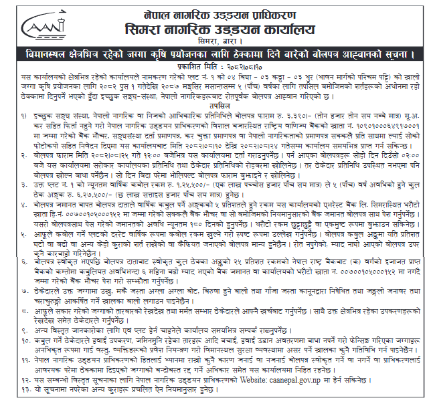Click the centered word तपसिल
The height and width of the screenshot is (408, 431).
215,105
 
